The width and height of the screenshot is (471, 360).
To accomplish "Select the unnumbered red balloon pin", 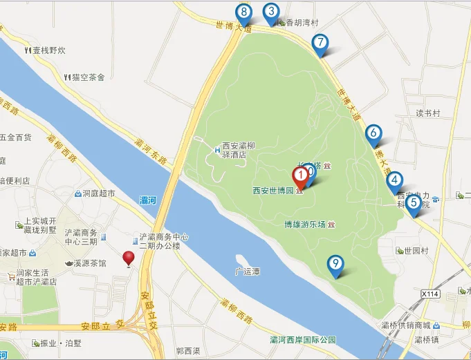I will [129, 258].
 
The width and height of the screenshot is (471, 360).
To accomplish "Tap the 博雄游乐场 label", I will [305, 225].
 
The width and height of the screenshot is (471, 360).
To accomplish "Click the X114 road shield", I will [430, 294].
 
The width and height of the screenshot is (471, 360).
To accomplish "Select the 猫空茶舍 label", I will [88, 78].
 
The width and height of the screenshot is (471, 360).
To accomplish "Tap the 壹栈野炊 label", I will [48, 50].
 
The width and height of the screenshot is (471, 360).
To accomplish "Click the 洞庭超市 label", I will [98, 194].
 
